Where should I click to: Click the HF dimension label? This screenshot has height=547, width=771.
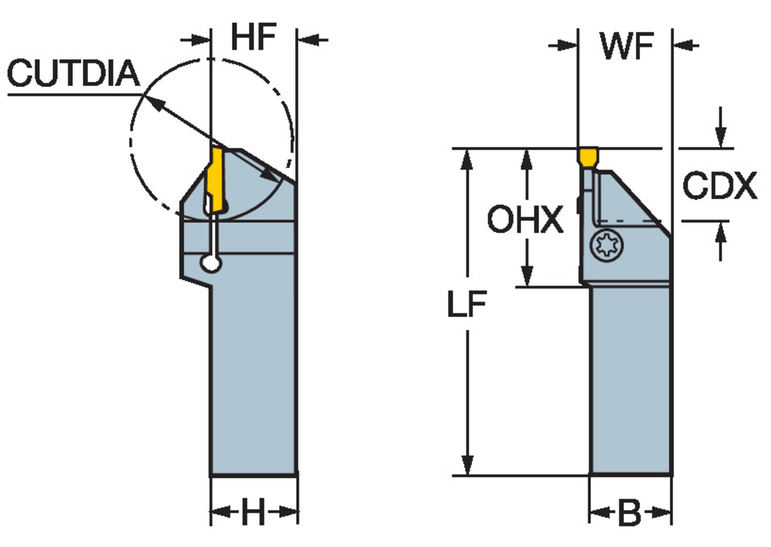coord(254,37)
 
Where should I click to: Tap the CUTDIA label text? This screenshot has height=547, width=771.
coord(74,73)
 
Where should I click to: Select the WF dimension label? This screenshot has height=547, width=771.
coord(627,46)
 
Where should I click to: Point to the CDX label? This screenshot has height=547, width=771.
coord(720,186)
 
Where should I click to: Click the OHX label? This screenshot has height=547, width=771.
coord(526,219)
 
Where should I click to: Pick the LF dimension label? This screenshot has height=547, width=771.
coord(467,304)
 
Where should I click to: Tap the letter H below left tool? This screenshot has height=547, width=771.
coord(254,512)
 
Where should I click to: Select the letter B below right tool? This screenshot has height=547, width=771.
coord(630,512)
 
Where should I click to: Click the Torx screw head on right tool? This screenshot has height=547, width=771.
coord(607,245)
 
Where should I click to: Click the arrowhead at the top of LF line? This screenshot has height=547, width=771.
coord(466,160)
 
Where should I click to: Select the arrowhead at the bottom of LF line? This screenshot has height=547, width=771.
coord(467,465)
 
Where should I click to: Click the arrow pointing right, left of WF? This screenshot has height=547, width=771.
coord(562,45)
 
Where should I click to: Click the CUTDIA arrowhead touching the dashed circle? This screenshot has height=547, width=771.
coord(154,103)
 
